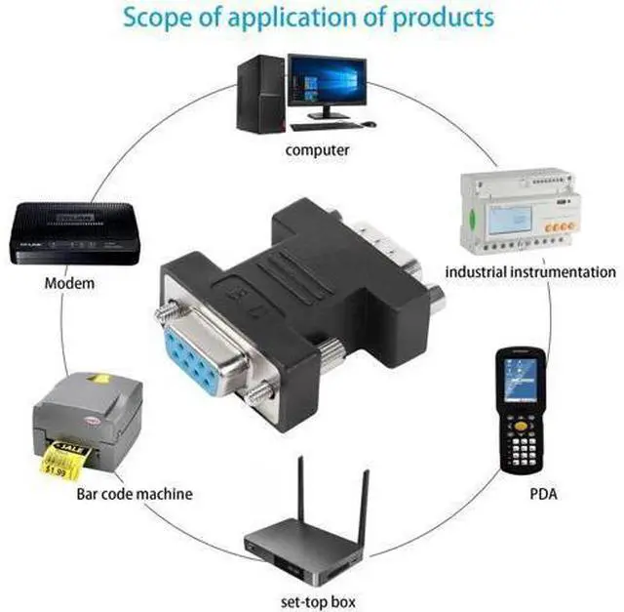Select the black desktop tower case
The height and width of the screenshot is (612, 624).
coord(260,94)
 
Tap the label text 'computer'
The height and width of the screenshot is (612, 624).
coord(317,150)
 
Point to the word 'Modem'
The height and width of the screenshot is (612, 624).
coord(69,283)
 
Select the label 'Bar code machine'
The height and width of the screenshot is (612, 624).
coord(135,494)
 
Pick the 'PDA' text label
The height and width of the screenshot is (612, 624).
coord(543,494)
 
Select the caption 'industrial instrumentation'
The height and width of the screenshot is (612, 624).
coord(530,272)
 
